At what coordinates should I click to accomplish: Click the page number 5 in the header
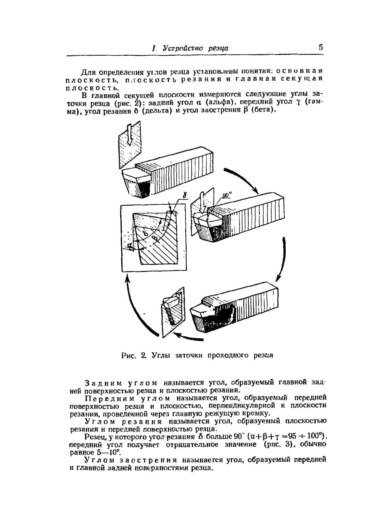click(320, 47)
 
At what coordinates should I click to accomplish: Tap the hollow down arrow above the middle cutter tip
click(201, 203)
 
